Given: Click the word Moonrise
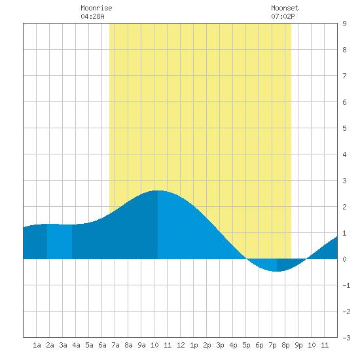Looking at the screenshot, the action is (x=96, y=8).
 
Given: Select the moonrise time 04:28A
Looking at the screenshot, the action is (x=92, y=16).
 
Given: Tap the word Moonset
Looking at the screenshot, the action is (x=285, y=8).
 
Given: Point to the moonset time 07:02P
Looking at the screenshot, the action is (x=283, y=16).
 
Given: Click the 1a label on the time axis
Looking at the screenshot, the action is (x=37, y=345).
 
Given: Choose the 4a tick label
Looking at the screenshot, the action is (x=76, y=345).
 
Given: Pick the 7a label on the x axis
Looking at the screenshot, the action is (x=115, y=345).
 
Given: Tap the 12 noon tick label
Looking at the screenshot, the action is (x=181, y=345).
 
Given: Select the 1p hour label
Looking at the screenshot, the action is (x=194, y=345).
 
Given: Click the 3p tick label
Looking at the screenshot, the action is (x=220, y=345).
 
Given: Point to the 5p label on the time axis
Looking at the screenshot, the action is (x=246, y=345).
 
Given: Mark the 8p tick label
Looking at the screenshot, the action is (x=285, y=345).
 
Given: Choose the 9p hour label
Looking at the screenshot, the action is (x=298, y=345).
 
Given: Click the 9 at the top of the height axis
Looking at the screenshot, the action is (x=344, y=24).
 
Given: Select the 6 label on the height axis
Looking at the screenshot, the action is (x=344, y=102).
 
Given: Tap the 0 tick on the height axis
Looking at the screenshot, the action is (x=344, y=259).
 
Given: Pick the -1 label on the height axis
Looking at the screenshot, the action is (x=346, y=285).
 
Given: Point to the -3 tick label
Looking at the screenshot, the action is (x=346, y=338).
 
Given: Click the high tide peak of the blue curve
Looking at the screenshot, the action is (x=158, y=190).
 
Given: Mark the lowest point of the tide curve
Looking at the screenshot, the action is (x=277, y=272).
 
